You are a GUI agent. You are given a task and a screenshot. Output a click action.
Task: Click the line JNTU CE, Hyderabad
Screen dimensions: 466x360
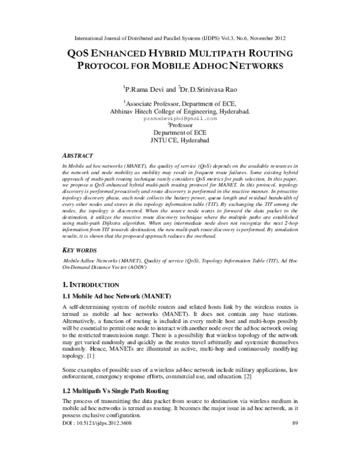click(180, 142)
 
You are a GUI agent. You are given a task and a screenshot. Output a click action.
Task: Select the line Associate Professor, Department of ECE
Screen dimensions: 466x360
click(180, 103)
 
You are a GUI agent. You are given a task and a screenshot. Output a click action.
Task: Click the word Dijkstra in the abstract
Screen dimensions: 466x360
click(134, 223)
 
